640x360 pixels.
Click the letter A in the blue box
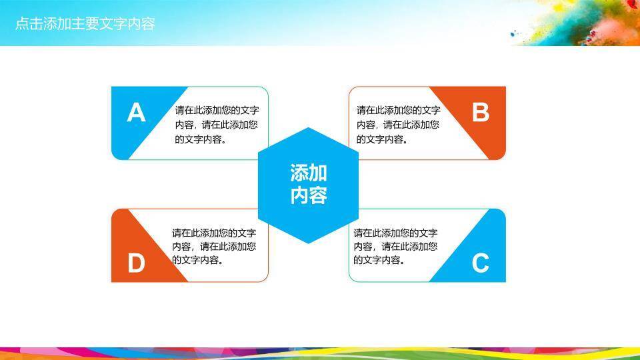click(136, 113)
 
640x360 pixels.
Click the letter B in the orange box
click(481, 113)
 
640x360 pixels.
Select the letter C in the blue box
click(481, 263)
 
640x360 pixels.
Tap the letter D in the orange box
click(136, 263)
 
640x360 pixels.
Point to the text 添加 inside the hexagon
click(308, 173)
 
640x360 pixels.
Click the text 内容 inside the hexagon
click(308, 196)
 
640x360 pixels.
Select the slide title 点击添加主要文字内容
click(85, 24)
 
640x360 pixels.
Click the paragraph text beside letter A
click(217, 125)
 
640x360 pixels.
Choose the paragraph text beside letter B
click(398, 125)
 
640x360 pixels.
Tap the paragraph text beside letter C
click(395, 247)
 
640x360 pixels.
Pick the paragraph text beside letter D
click(214, 247)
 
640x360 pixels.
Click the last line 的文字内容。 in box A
click(200, 139)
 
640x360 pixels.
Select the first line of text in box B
click(398, 110)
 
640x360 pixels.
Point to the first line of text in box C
click(395, 233)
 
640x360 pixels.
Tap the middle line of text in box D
click(214, 247)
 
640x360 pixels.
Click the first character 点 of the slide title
click(21, 24)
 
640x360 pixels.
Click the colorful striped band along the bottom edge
click(320, 353)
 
